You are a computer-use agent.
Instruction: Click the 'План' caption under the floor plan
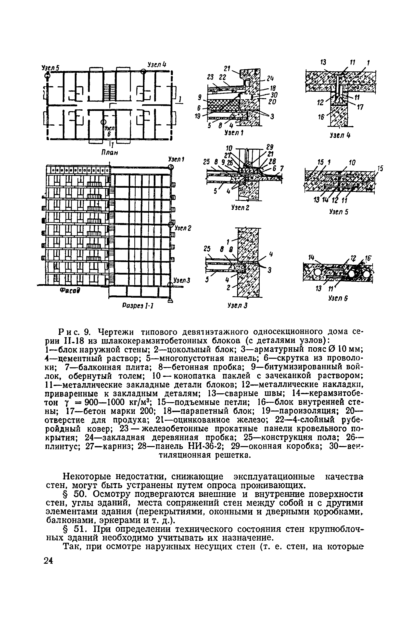[x=109, y=153]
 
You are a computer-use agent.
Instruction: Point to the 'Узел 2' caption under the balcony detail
[x=240, y=207]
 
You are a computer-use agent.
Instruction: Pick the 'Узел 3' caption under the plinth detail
[x=237, y=305]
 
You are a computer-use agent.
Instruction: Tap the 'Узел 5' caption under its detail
[x=339, y=212]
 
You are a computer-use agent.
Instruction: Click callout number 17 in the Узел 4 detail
[x=360, y=107]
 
